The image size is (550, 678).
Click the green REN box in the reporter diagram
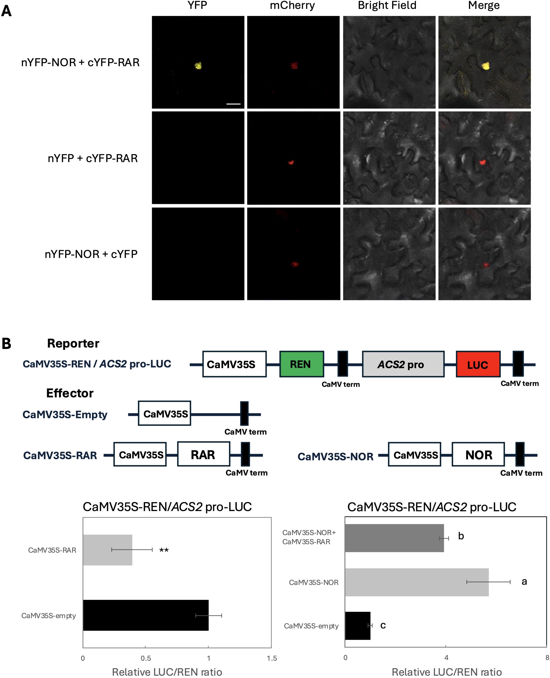coord(301,364)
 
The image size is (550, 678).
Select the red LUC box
coord(478,364)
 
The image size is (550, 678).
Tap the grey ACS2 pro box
coord(403,364)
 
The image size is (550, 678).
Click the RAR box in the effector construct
coord(203,455)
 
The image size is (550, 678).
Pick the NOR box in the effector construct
coord(478,455)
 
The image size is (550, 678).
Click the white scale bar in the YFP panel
coord(234,104)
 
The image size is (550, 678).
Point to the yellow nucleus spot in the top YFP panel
coord(198,66)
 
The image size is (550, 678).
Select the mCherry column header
coord(292,6)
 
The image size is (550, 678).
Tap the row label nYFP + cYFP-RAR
coord(92,158)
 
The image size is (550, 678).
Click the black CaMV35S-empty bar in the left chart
coord(146,615)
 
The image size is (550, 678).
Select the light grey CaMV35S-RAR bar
coord(107,550)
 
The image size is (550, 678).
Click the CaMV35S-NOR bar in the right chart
coord(417,582)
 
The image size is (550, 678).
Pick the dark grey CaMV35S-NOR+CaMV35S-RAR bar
coord(394,538)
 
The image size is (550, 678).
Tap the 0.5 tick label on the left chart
coord(146,658)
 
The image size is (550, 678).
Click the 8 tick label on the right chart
coord(547,657)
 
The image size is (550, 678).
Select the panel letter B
coord(6,344)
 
